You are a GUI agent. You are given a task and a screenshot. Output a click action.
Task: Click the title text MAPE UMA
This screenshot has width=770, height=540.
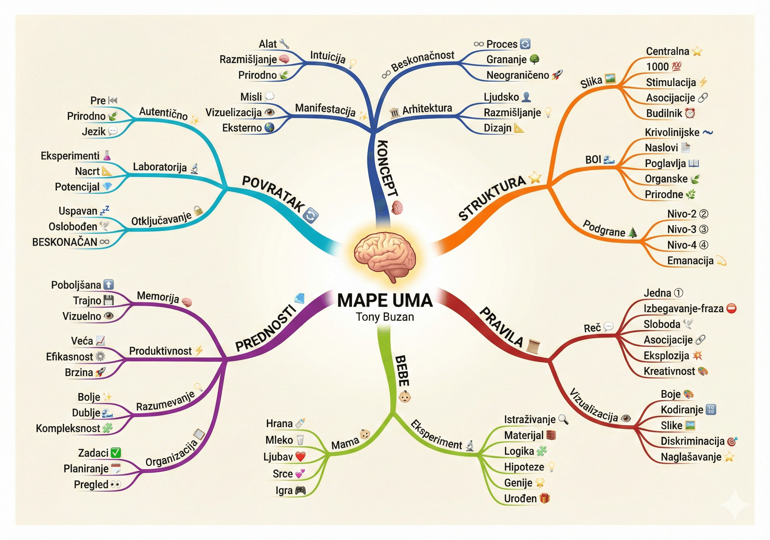click(385, 301)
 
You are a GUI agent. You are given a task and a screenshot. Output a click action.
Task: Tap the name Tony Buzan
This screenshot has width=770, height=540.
click(385, 317)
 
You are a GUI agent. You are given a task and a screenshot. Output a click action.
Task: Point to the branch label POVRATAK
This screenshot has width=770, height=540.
click(273, 194)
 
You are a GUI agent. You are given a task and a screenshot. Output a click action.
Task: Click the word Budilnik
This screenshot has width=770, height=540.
click(664, 113)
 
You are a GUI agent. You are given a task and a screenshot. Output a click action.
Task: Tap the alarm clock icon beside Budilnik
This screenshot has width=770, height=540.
click(690, 113)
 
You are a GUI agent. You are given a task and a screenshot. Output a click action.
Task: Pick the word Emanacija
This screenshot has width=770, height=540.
click(690, 261)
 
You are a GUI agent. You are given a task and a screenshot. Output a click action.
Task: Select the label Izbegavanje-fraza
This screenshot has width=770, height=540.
click(683, 308)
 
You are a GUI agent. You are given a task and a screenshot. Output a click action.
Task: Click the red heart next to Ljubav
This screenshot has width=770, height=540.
click(301, 457)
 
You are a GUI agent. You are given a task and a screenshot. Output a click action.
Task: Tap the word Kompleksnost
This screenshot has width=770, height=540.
click(68, 428)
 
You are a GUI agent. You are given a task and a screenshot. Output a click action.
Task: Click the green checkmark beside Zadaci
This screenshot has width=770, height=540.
click(116, 453)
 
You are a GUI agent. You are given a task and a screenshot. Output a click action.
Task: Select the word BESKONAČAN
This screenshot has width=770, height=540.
click(64, 242)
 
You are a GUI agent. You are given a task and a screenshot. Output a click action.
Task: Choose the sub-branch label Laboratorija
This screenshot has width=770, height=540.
click(160, 167)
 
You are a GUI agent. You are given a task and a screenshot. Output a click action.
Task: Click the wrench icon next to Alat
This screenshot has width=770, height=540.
click(284, 44)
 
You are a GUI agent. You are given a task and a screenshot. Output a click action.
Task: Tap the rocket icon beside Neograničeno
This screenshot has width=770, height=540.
click(557, 75)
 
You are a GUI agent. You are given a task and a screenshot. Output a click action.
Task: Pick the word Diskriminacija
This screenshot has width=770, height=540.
click(692, 441)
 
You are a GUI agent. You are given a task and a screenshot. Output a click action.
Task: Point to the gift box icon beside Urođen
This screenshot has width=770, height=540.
click(545, 498)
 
